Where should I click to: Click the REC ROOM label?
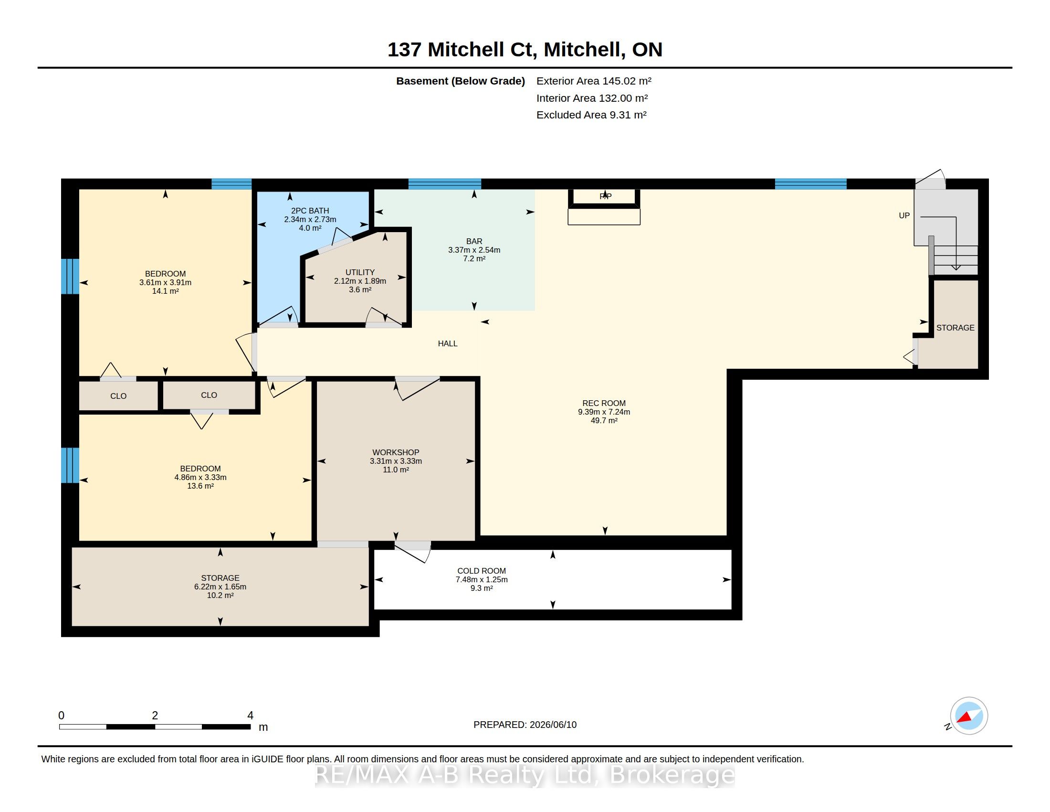pyautogui.click(x=604, y=403)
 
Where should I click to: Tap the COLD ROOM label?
pyautogui.click(x=481, y=571)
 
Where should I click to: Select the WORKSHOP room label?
pyautogui.click(x=396, y=452)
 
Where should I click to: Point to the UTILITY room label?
pyautogui.click(x=360, y=272)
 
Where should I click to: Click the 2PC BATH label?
pyautogui.click(x=310, y=211)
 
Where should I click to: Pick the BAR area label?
pyautogui.click(x=474, y=241)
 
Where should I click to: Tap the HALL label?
pyautogui.click(x=448, y=343)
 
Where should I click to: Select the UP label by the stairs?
pyautogui.click(x=904, y=215)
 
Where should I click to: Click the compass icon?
pyautogui.click(x=968, y=716)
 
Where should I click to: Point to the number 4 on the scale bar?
pyautogui.click(x=250, y=716)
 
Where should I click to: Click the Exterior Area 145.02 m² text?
pyautogui.click(x=594, y=81)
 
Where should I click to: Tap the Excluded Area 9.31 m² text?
pyautogui.click(x=591, y=115)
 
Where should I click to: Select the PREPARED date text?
pyautogui.click(x=525, y=725)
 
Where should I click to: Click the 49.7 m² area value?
pyautogui.click(x=604, y=420)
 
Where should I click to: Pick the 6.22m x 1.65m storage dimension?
pyautogui.click(x=220, y=587)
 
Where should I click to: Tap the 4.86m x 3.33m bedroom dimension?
pyautogui.click(x=200, y=477)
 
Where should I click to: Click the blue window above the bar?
pyautogui.click(x=445, y=184)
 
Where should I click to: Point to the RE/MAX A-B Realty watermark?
pyautogui.click(x=525, y=775)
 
